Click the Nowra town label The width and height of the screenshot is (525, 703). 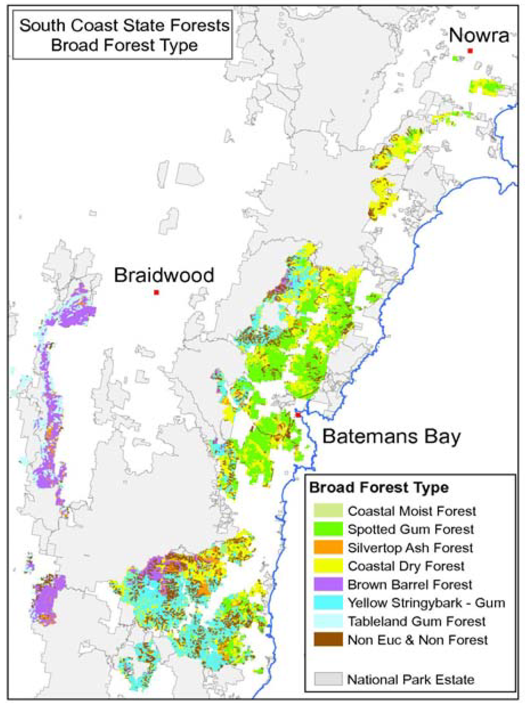[479, 35]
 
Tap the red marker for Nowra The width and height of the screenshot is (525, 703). [470, 51]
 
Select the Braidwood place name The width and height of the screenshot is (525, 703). [164, 275]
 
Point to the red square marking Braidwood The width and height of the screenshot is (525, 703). [156, 292]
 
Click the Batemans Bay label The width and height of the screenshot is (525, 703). [391, 437]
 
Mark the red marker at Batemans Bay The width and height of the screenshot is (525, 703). [297, 415]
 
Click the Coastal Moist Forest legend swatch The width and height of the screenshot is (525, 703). [328, 511]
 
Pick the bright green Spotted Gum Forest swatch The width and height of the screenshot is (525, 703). [328, 529]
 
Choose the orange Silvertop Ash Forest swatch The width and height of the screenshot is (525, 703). [328, 548]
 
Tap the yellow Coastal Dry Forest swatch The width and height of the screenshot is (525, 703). [328, 566]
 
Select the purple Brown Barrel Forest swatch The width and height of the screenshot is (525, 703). [328, 584]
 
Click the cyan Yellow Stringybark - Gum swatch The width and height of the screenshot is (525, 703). [328, 603]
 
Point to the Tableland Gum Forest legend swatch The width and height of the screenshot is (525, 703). [328, 621]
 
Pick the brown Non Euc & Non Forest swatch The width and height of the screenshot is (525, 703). [328, 640]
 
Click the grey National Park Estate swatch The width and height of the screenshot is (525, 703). [328, 679]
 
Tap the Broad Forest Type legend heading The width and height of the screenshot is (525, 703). [379, 487]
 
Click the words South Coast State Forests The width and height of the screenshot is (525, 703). [124, 26]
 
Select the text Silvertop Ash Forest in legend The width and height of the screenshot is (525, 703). [410, 548]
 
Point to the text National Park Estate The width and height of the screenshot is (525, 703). [411, 679]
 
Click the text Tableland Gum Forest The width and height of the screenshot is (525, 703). [416, 621]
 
